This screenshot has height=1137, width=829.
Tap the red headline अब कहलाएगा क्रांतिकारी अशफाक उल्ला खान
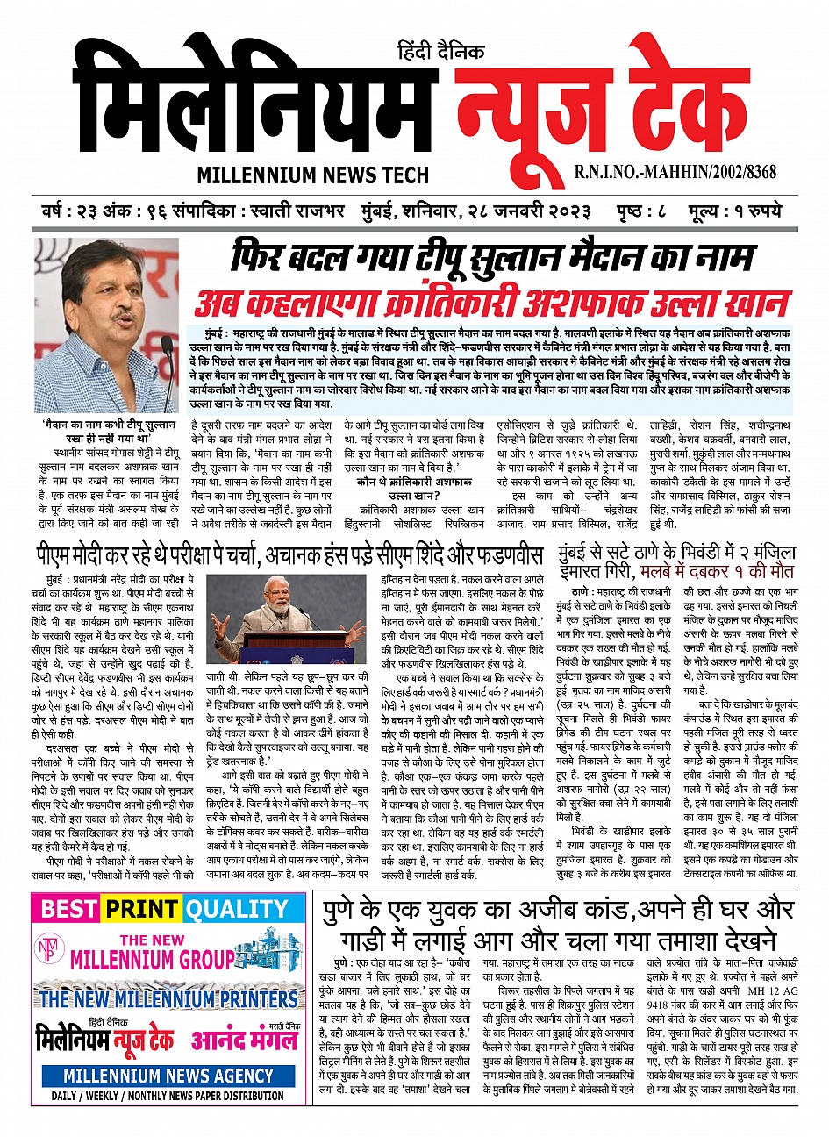tap(491, 303)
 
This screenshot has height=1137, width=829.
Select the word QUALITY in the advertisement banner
tap(236, 909)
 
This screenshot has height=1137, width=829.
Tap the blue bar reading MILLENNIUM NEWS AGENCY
tap(168, 1075)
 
